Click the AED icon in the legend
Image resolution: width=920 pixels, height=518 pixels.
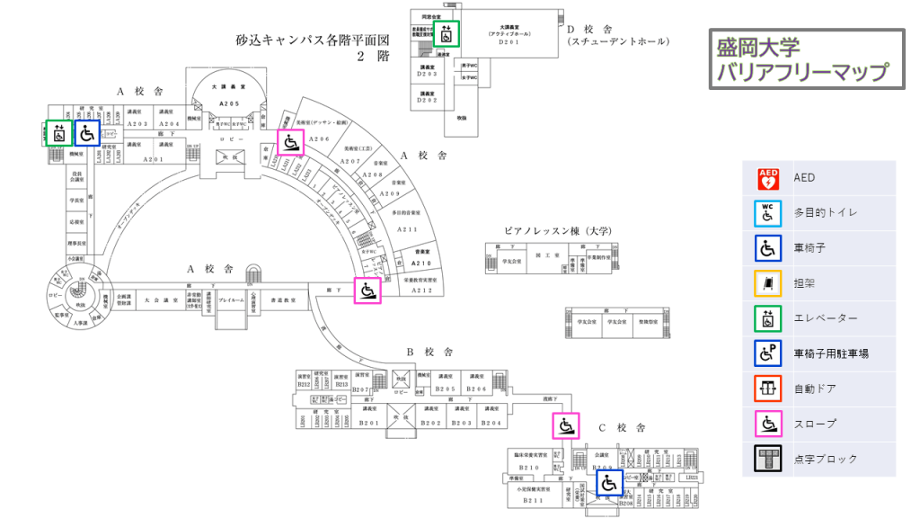point(768,178)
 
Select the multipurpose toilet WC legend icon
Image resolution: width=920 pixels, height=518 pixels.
point(768,213)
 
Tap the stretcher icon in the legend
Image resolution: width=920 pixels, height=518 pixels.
point(768,283)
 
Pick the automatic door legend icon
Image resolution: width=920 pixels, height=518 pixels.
point(768,388)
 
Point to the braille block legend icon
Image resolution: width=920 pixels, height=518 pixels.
point(768,459)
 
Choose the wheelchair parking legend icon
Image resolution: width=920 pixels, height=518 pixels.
point(768,353)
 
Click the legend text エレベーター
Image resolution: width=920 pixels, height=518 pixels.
point(826,318)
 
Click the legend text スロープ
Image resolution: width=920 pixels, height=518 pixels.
point(814,424)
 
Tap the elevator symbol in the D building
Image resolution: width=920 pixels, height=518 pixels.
point(447,35)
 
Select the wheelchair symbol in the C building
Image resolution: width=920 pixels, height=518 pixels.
point(609,484)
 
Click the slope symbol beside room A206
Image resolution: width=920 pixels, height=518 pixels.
point(290,143)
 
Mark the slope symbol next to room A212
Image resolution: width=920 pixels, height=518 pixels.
point(367,290)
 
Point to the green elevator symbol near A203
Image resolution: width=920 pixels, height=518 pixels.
point(58,134)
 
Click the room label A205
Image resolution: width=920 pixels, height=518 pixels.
point(230,104)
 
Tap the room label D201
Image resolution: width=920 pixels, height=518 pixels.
point(509,41)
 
